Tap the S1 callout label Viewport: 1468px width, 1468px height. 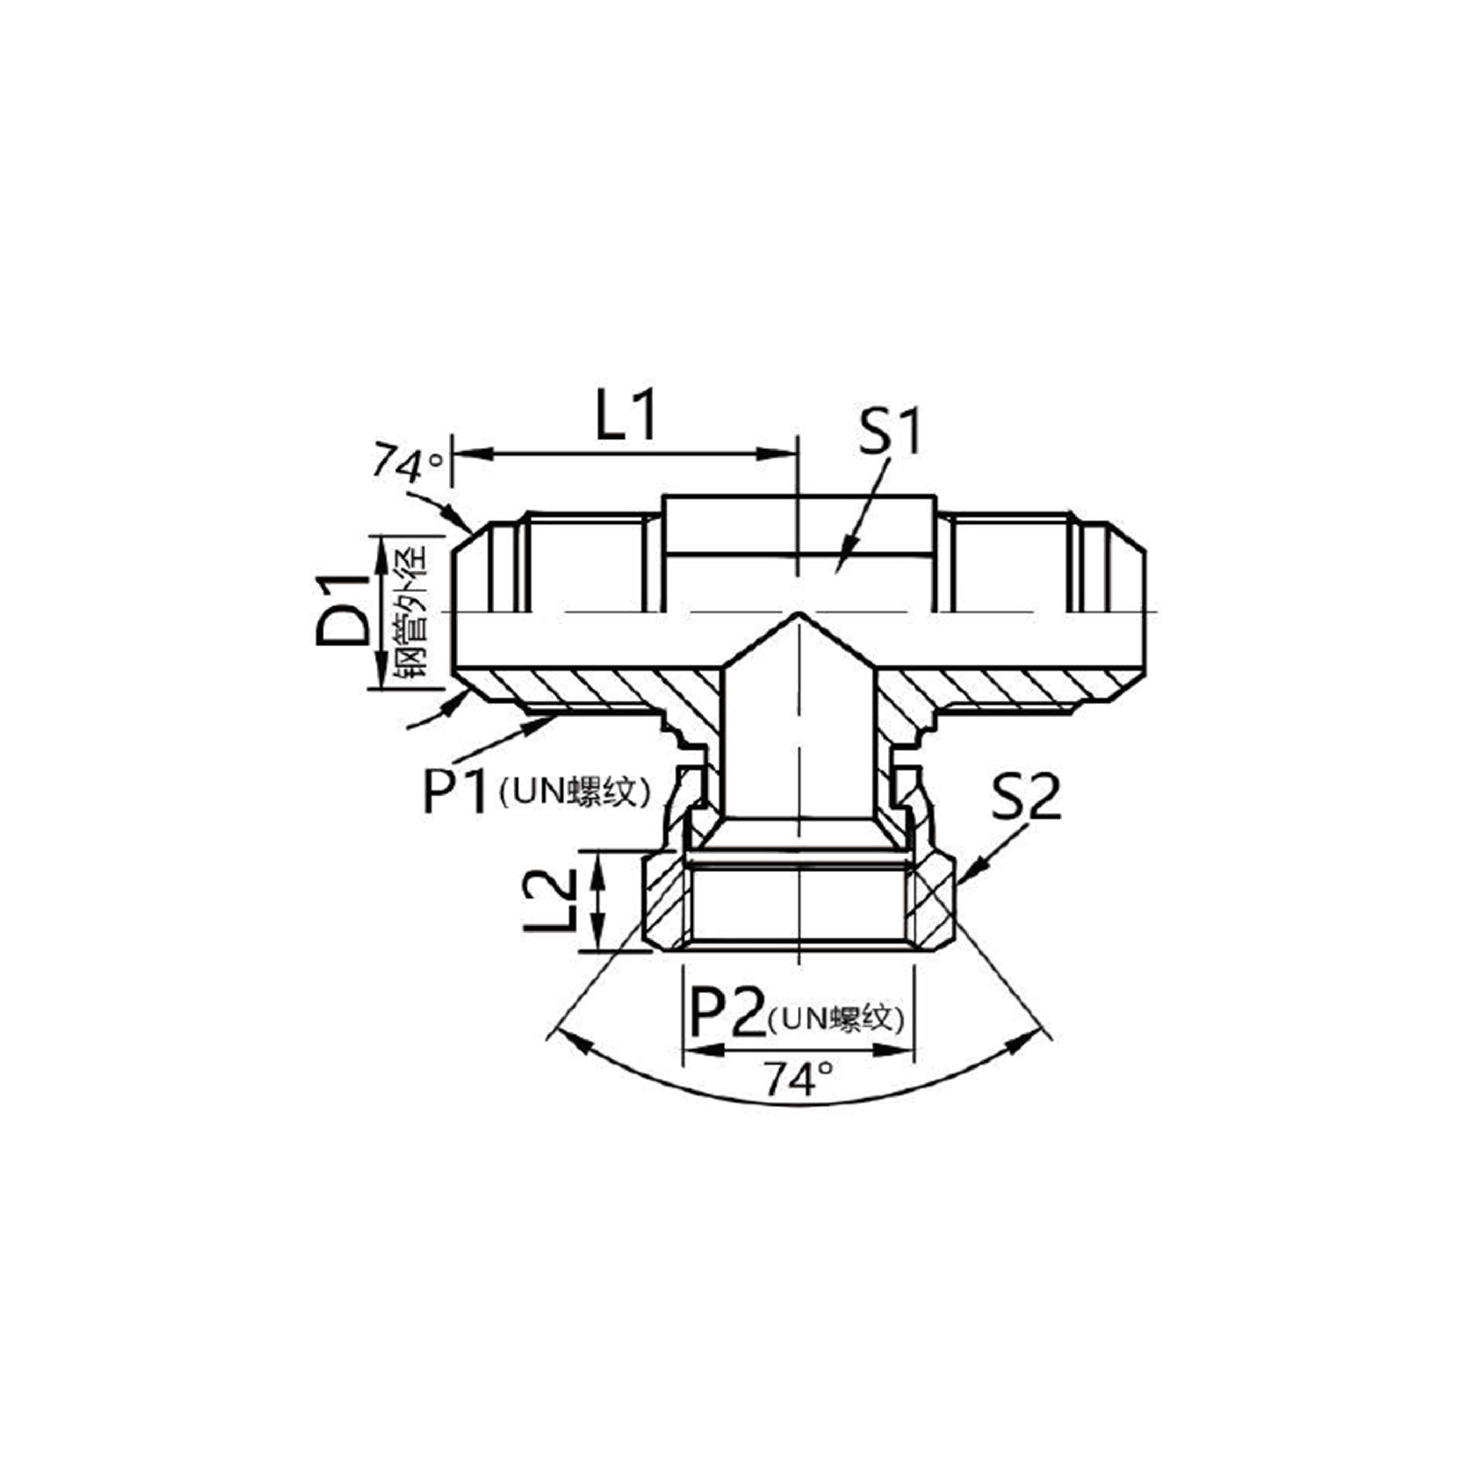pyautogui.click(x=889, y=432)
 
